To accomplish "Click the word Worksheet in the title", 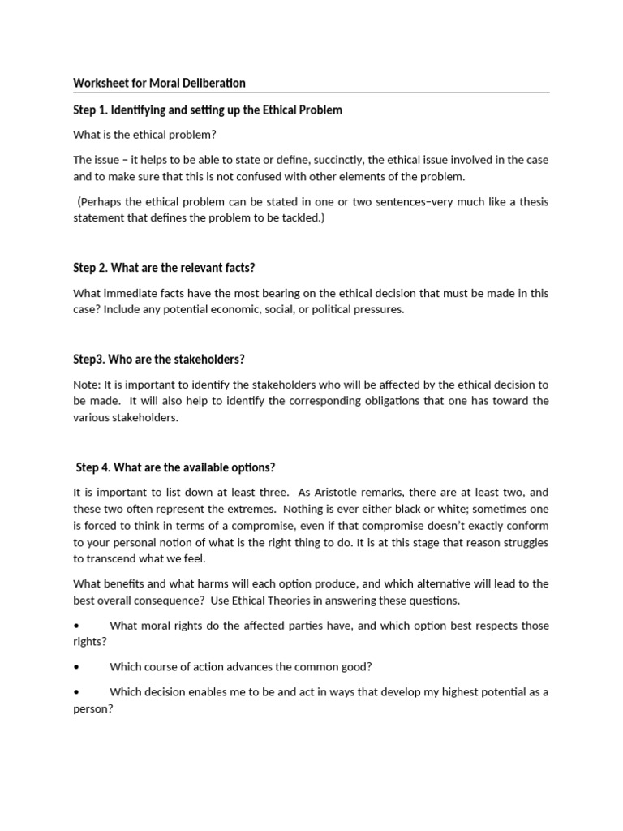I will pos(99,83).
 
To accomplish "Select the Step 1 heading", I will pos(208,110).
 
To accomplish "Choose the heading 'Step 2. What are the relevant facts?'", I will pos(169,268).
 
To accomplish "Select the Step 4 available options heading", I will pos(175,467).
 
